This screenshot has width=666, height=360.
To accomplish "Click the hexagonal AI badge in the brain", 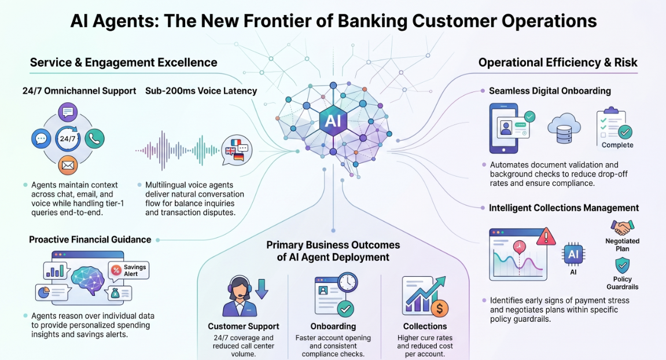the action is coord(333,121).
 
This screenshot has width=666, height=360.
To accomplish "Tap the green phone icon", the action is coord(94,138).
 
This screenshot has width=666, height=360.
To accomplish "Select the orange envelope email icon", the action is coord(68,165).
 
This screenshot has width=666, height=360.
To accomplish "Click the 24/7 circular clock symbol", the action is coord(68,138).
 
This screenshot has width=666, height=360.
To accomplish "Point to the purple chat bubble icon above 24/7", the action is coord(68,112).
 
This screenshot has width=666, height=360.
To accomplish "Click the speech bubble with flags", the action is coord(237,150).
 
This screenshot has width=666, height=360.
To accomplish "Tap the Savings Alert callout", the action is coord(128,270).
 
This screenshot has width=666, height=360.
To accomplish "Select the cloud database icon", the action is coord(564,128).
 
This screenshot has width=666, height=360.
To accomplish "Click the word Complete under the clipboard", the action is coord(617,145).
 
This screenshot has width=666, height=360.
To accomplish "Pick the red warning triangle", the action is coord(546,237).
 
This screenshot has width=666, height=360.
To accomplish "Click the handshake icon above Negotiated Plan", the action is coord(622,227).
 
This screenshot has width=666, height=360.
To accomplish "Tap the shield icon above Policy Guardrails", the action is coord(622,265).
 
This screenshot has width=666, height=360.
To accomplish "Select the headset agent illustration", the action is coord(240,296).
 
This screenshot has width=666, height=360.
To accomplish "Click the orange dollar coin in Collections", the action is coord(440,308).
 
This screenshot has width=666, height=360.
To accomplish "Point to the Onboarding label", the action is coord(333,326).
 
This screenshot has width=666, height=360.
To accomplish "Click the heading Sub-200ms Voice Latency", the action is coord(201,91).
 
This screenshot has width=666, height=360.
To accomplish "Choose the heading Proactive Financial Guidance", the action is coord(90,240).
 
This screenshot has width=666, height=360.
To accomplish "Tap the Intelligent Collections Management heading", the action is coord(564,208).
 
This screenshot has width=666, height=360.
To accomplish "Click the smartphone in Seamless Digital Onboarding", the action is coord(504,128).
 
